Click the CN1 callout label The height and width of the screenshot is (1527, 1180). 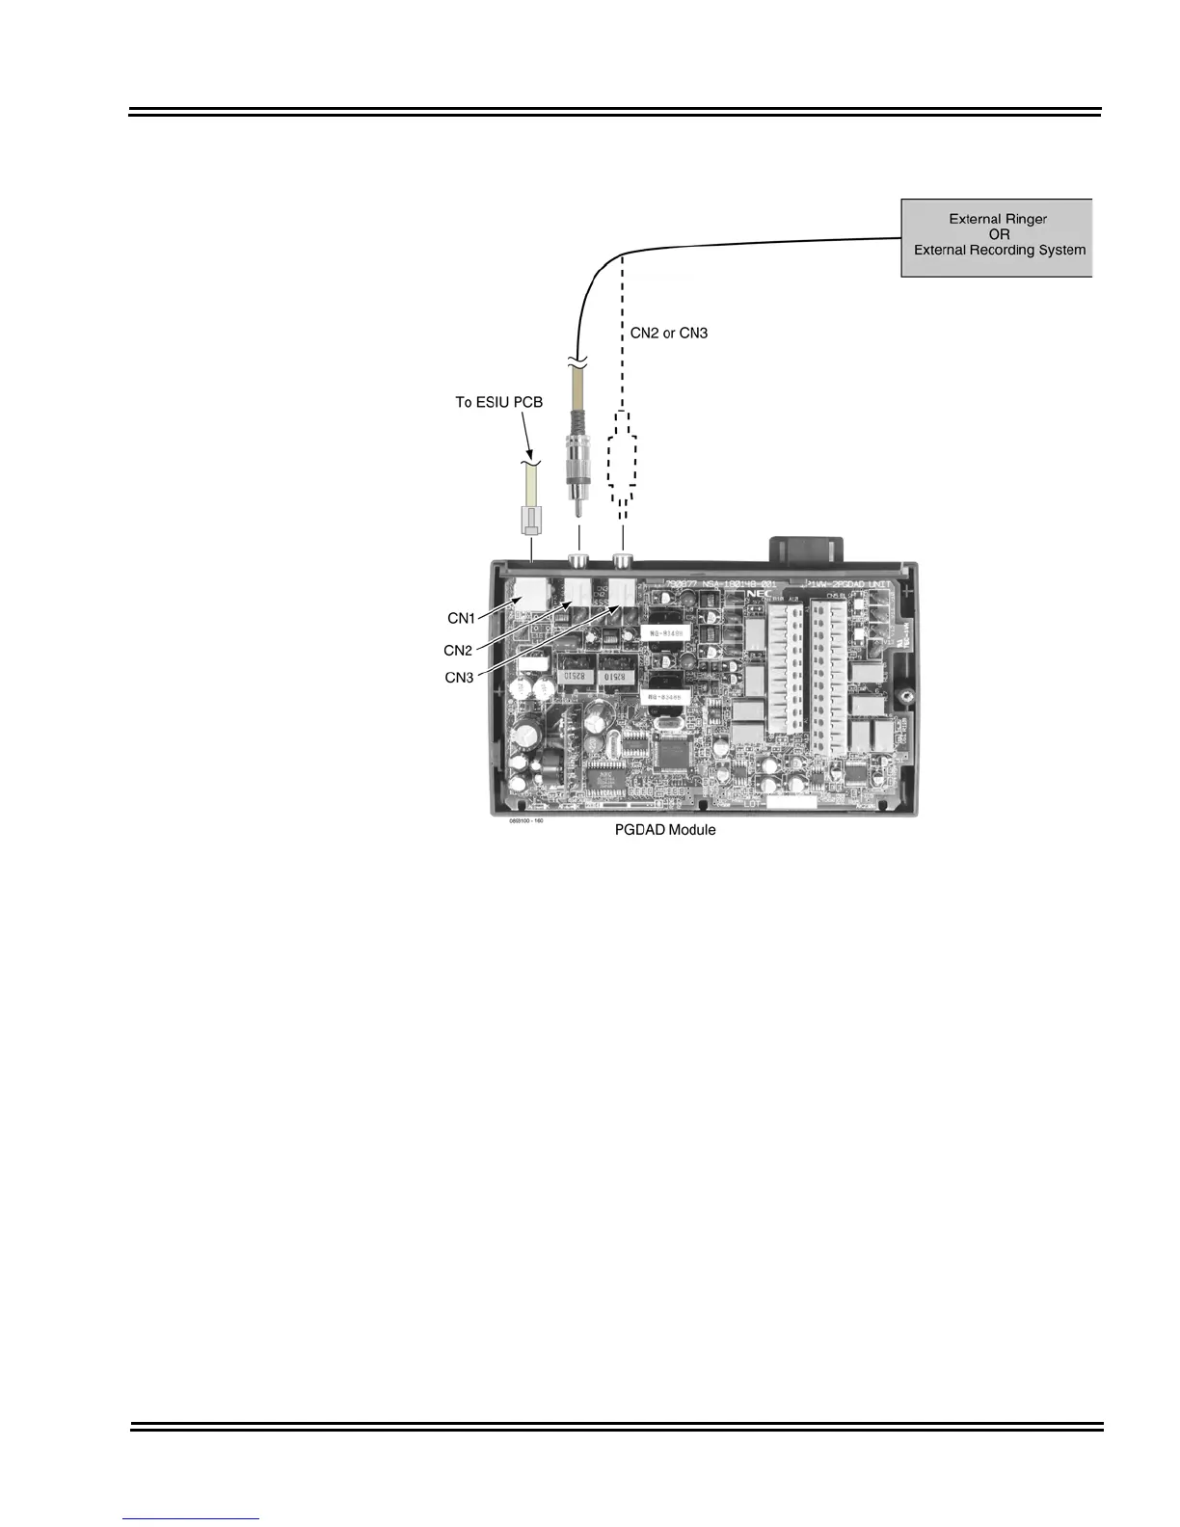[461, 618]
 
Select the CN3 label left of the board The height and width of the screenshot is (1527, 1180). [459, 678]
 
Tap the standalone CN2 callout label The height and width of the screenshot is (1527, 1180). [458, 651]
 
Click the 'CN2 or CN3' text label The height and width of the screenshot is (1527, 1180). [669, 333]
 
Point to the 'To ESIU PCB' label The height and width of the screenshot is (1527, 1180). [498, 402]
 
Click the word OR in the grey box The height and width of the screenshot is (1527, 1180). [999, 234]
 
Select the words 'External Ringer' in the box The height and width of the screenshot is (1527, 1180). [998, 219]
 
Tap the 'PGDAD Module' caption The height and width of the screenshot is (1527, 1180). [665, 830]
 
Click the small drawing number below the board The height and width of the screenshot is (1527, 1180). [526, 822]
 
